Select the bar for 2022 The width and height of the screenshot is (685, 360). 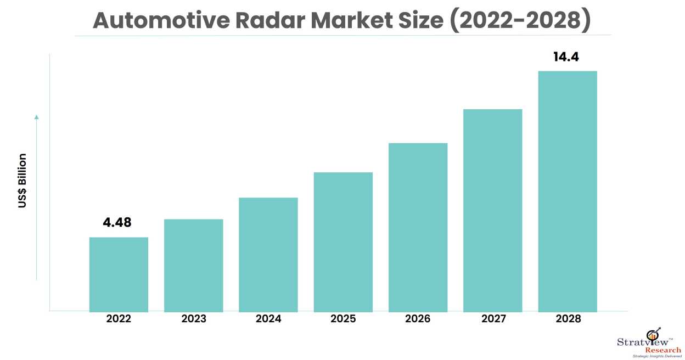(119, 274)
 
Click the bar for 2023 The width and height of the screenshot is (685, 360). (193, 265)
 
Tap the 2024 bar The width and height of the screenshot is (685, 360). (268, 254)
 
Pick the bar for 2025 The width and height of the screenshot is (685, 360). (343, 241)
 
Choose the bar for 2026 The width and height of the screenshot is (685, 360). (418, 227)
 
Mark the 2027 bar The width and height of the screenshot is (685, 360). (492, 210)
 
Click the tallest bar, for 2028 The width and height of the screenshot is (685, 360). (567, 190)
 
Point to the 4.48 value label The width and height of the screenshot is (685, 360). (117, 223)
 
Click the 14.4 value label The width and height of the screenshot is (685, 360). (566, 57)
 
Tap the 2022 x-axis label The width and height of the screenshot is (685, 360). (119, 319)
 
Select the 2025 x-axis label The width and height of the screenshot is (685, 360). (343, 319)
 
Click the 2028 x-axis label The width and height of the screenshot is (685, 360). (567, 319)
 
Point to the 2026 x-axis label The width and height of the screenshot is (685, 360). (418, 319)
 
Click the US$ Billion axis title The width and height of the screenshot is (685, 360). (22, 181)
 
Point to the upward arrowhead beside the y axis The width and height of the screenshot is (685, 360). (36, 117)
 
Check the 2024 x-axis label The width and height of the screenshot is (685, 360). (268, 319)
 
